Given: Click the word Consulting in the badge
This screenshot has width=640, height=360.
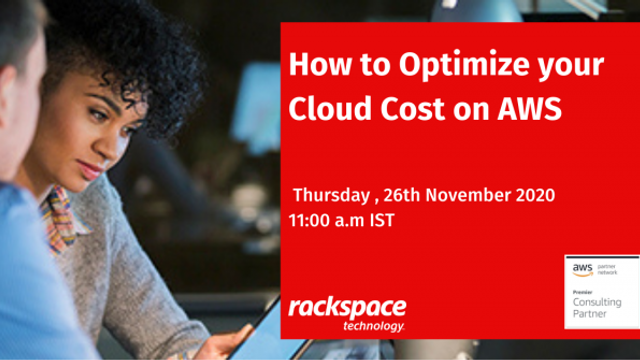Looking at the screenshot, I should coord(597,301).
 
